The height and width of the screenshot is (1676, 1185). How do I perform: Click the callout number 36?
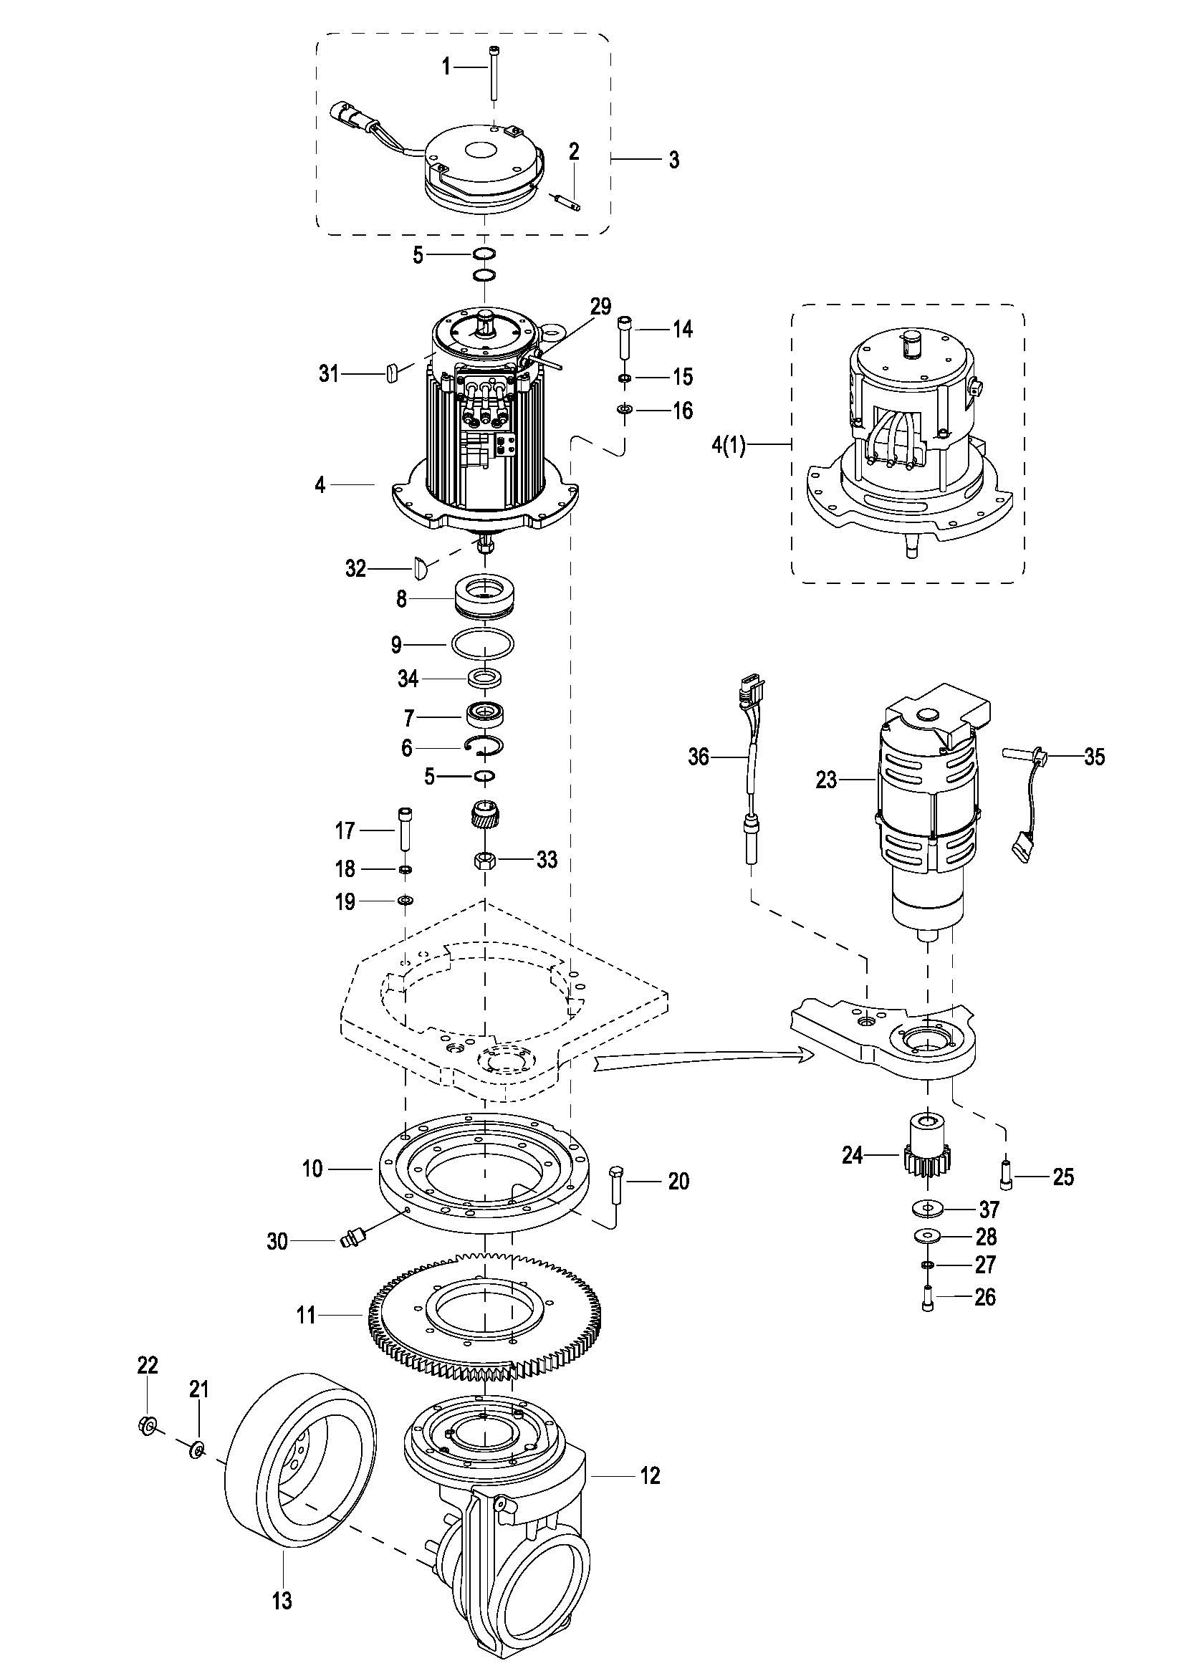click(699, 757)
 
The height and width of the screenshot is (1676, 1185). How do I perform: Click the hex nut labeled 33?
click(484, 860)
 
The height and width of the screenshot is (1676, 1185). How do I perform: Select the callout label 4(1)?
click(729, 444)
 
